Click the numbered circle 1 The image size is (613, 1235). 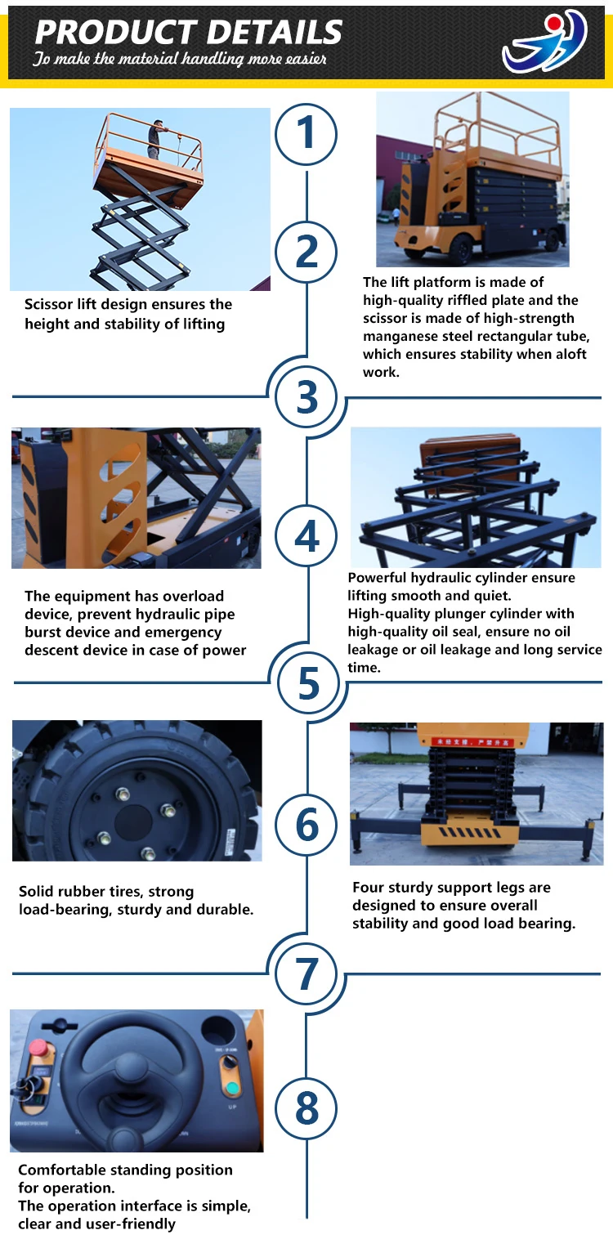coord(306,134)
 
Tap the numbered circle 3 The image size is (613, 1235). coord(307,397)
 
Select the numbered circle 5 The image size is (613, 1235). coord(309,683)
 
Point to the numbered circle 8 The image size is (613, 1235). coord(306,1107)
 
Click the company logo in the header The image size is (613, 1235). coord(544,42)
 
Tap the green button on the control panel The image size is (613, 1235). coord(232,1088)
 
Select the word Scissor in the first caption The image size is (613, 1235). coord(48,304)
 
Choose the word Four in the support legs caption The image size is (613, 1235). coord(369,887)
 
